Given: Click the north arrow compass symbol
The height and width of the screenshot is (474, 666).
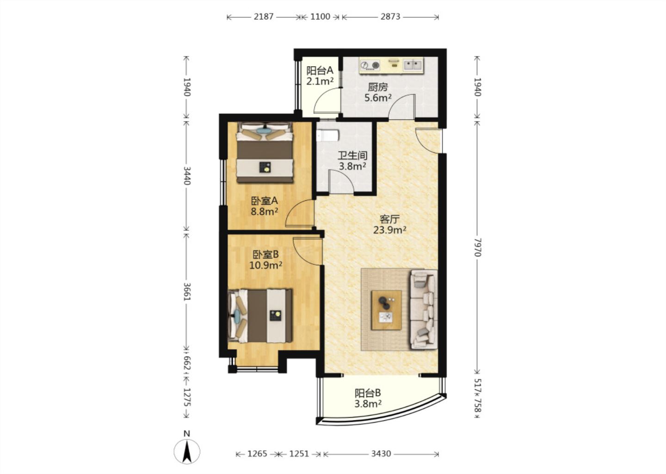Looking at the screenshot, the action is pyautogui.click(x=187, y=451).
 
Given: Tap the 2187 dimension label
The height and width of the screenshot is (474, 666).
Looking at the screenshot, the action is pyautogui.click(x=264, y=17).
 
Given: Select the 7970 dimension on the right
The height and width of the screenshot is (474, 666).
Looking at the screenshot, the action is pyautogui.click(x=477, y=247).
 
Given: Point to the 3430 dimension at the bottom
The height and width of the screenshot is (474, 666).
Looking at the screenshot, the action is pyautogui.click(x=381, y=454).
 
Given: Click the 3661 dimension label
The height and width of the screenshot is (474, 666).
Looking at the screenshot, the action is pyautogui.click(x=187, y=292).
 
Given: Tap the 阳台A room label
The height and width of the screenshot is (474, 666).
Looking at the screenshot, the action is pyautogui.click(x=320, y=71).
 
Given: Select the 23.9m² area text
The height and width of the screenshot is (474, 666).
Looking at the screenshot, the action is pyautogui.click(x=390, y=230).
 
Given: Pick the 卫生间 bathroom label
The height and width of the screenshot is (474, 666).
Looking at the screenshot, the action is pyautogui.click(x=352, y=156).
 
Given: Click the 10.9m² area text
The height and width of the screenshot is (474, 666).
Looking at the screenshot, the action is pyautogui.click(x=265, y=265).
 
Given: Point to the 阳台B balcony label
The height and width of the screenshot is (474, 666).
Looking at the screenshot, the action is pyautogui.click(x=368, y=393).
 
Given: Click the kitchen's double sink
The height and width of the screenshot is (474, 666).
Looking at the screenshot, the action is pyautogui.click(x=413, y=64).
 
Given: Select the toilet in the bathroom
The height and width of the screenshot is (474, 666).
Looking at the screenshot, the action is pyautogui.click(x=327, y=135).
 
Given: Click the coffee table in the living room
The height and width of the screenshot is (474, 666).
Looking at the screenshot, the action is pyautogui.click(x=387, y=310).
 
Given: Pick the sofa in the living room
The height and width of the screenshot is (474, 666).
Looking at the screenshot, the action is pyautogui.click(x=424, y=309).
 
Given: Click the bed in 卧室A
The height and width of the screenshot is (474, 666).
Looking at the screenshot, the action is pyautogui.click(x=265, y=153).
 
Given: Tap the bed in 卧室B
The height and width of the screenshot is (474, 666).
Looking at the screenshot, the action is pyautogui.click(x=260, y=316).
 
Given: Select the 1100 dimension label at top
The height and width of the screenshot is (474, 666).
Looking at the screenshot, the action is pyautogui.click(x=320, y=17).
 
